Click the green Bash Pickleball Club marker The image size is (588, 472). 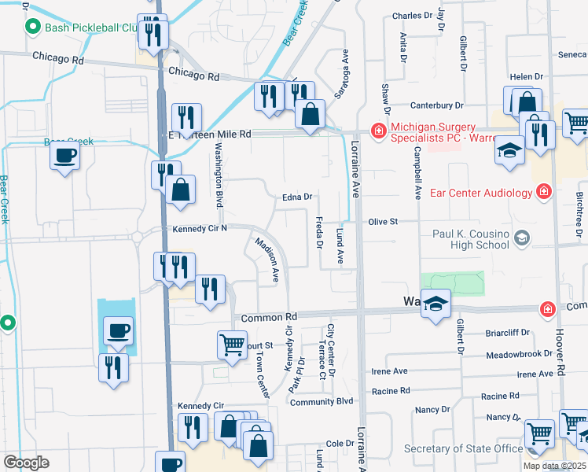click(32, 28)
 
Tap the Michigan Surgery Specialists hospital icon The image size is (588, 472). click(379, 130)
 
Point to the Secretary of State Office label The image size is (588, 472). click(464, 448)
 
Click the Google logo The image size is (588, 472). click(26, 463)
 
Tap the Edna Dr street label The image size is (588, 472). click(298, 197)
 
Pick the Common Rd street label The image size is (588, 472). click(269, 316)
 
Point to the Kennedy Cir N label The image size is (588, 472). click(200, 228)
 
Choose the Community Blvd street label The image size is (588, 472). click(322, 402)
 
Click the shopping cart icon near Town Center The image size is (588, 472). click(232, 344)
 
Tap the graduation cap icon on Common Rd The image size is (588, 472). click(434, 304)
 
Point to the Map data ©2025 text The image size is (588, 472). click(554, 466)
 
